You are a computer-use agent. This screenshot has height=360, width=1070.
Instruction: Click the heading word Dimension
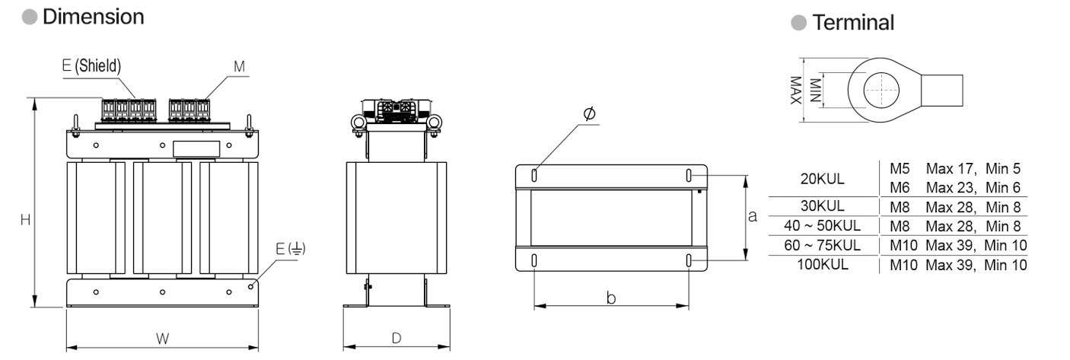[93, 18]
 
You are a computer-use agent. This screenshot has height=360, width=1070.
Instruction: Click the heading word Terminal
[853, 22]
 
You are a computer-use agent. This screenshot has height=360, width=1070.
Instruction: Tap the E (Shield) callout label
[92, 66]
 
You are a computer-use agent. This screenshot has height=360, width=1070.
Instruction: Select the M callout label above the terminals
[239, 67]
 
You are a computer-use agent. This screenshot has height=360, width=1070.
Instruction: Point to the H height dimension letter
[25, 220]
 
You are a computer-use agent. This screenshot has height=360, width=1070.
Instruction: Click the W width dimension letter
[162, 339]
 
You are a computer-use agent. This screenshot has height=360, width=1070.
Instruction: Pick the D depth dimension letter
[396, 338]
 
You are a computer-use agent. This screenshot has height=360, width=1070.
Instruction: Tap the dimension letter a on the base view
[753, 217]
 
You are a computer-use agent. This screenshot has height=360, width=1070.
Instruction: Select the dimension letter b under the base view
[611, 298]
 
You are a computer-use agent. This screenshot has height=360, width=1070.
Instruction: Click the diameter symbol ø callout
[590, 113]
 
